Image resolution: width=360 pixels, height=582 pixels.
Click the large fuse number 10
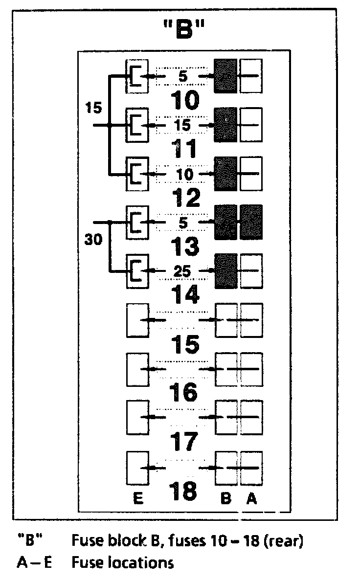(x=185, y=101)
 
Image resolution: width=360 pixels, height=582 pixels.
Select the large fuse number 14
(x=185, y=295)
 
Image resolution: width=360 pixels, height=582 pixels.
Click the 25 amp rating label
(x=183, y=270)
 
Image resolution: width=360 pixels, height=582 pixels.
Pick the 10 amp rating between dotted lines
(x=183, y=174)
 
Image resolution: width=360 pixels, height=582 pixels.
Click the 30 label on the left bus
(x=93, y=240)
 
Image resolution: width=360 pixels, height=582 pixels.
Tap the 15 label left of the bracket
(x=93, y=107)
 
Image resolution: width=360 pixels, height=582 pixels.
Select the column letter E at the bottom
(x=137, y=499)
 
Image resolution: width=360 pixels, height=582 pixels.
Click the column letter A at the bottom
(x=251, y=499)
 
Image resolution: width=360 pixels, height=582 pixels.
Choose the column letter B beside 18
(x=225, y=499)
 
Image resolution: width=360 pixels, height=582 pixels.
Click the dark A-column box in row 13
(x=251, y=223)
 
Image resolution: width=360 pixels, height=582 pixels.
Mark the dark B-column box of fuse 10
(x=225, y=76)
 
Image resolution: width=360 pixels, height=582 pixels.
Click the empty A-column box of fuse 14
(x=251, y=271)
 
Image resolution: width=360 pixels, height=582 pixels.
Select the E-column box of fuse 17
(x=137, y=417)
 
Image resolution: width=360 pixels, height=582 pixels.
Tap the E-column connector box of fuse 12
(x=137, y=174)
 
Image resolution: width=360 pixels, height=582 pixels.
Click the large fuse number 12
(x=185, y=198)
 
